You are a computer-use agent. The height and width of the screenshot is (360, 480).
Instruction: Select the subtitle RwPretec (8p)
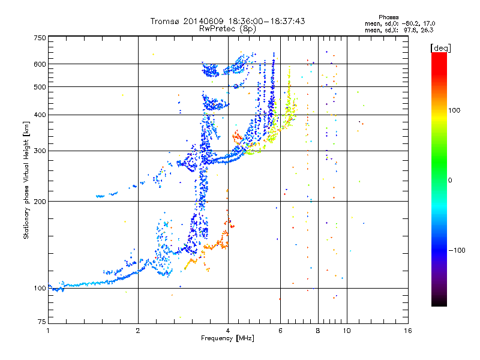tap(227, 29)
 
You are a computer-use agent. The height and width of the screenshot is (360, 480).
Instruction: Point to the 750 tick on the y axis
tap(40, 38)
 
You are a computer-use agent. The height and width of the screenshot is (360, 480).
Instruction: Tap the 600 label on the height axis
tap(40, 64)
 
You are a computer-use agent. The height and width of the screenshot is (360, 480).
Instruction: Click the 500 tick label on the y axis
tap(40, 87)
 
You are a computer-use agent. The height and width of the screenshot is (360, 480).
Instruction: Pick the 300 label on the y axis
tap(40, 151)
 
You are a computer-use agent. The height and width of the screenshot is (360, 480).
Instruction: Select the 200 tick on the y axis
tap(40, 202)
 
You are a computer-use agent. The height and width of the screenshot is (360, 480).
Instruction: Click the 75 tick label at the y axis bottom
tap(42, 322)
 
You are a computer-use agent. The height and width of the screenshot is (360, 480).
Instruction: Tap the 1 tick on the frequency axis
tap(48, 331)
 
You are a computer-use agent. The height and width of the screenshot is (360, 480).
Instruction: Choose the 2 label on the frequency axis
tap(138, 331)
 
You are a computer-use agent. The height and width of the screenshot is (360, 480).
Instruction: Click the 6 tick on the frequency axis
tap(280, 331)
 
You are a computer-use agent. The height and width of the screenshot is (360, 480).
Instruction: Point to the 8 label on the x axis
tap(318, 331)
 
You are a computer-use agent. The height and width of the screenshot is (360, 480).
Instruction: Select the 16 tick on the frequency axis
tap(408, 331)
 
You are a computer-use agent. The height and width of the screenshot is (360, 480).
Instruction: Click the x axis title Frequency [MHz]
tap(227, 338)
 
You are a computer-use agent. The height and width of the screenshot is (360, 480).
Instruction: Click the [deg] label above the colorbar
tap(440, 48)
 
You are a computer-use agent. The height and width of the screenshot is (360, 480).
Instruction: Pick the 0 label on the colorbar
tap(449, 181)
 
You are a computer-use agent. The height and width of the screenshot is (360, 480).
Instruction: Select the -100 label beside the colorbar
tap(457, 250)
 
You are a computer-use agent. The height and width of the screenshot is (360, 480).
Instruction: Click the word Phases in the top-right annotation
tap(388, 17)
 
